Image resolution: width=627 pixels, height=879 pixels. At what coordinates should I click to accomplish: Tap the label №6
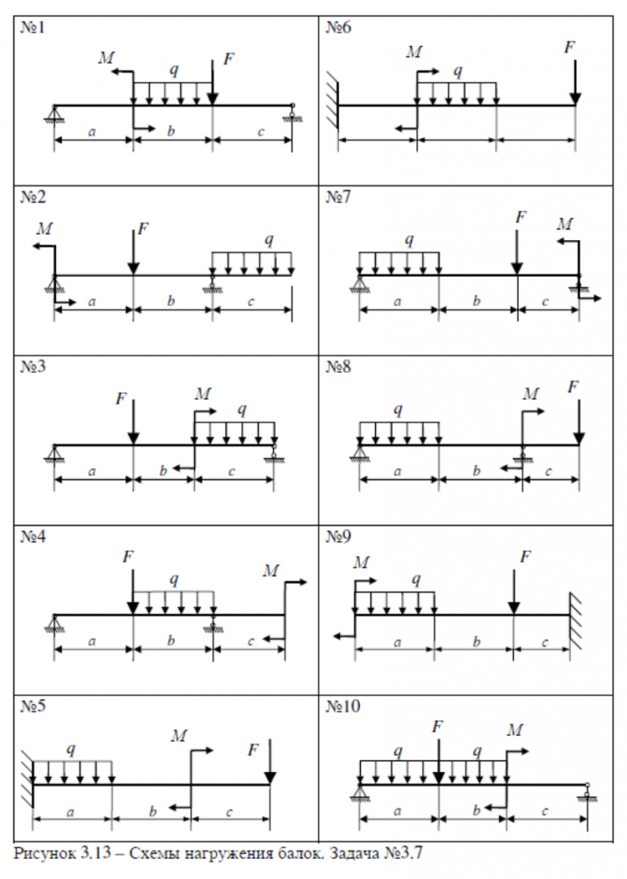pyautogui.click(x=339, y=28)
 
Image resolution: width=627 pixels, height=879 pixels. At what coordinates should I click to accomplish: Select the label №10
pyautogui.click(x=342, y=707)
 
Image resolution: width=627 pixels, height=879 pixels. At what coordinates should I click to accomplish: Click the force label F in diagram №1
pyautogui.click(x=229, y=59)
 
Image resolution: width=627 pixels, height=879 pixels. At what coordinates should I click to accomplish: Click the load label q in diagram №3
pyautogui.click(x=242, y=409)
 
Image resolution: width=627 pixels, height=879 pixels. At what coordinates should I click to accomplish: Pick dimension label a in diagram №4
pyautogui.click(x=92, y=642)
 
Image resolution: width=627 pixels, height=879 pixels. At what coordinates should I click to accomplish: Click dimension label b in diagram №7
pyautogui.click(x=477, y=301)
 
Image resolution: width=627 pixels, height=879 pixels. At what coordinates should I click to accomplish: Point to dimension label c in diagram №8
pyautogui.click(x=550, y=472)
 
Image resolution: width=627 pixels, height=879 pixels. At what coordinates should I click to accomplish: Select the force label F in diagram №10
pyautogui.click(x=436, y=725)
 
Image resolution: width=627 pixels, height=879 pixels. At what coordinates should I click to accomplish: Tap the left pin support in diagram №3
pyautogui.click(x=54, y=454)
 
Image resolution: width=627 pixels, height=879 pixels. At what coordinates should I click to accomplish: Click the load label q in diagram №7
pyautogui.click(x=409, y=240)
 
